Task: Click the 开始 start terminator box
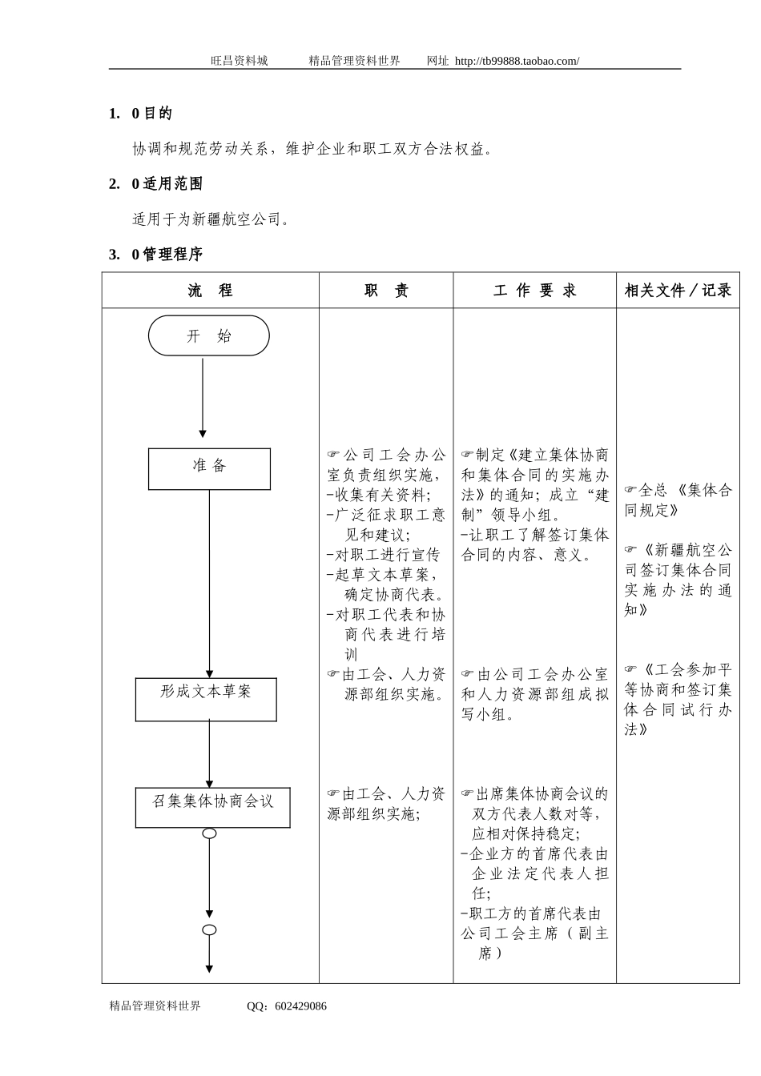(x=208, y=335)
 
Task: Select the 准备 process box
(x=209, y=468)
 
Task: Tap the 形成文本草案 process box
(x=206, y=699)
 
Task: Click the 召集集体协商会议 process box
(x=212, y=807)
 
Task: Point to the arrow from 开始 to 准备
(x=203, y=398)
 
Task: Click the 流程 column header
(x=210, y=291)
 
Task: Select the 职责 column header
(x=386, y=291)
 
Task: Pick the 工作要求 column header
(x=534, y=291)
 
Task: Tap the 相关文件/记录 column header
(x=678, y=291)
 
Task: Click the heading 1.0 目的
(x=140, y=114)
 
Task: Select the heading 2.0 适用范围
(x=155, y=184)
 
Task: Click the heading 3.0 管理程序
(x=155, y=255)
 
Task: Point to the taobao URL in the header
(x=517, y=61)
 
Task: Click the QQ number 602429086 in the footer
(x=300, y=1006)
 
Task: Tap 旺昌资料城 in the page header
(x=239, y=61)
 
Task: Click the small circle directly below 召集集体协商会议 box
(x=209, y=833)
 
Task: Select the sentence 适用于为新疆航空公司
(x=211, y=219)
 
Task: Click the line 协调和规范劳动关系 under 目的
(x=312, y=149)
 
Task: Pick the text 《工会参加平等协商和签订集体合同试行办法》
(x=678, y=699)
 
